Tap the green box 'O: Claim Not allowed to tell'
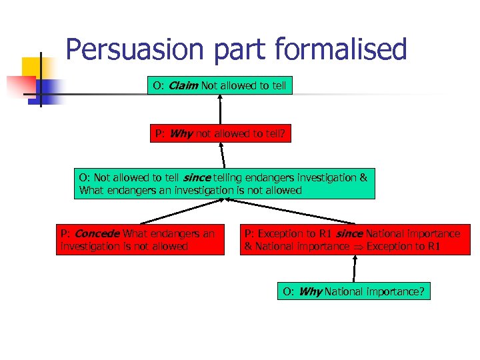click(220, 85)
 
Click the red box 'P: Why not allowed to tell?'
click(220, 133)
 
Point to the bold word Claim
click(183, 85)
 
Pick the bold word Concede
click(97, 234)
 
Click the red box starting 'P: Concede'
click(140, 240)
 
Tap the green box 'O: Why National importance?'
click(353, 291)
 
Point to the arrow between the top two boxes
click(220, 109)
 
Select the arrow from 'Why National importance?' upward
click(354, 269)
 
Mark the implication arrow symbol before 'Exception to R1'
click(357, 247)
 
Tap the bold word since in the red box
click(349, 234)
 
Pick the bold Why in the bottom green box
click(310, 291)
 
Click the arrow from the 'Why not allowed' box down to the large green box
click(223, 155)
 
